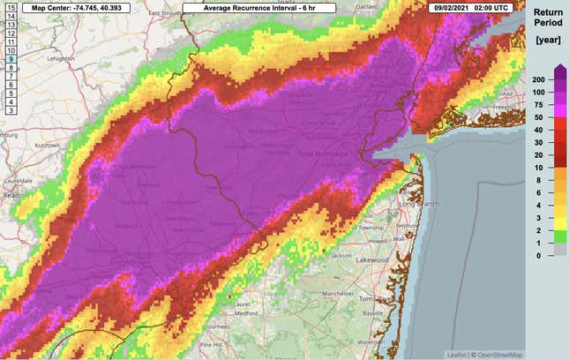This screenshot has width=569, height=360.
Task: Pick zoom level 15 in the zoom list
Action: [11, 8]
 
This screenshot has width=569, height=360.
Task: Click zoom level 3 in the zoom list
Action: [11, 110]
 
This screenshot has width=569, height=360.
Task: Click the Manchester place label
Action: [337, 292]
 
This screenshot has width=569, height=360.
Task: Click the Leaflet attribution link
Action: [457, 355]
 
